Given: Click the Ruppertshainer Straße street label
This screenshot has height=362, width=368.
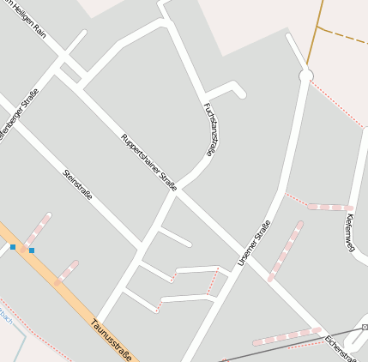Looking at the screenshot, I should pos(149,161).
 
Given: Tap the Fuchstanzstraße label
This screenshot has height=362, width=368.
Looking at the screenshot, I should pos(208,130).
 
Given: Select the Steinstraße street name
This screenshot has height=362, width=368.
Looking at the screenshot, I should pos(78,190).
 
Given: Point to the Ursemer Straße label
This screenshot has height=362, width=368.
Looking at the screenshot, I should pos(254,242).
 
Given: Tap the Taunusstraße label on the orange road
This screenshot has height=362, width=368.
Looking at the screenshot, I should pos(112,340).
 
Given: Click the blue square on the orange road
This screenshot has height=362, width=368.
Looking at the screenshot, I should pos(32,250).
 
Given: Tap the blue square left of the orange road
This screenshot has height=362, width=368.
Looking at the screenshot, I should pos(13,247).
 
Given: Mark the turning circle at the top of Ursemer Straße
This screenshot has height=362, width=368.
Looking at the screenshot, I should pos(305,76).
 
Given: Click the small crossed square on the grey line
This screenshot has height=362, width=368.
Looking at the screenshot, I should pos(365,327).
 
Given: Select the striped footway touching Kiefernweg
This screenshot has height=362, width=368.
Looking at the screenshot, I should pos(329,207).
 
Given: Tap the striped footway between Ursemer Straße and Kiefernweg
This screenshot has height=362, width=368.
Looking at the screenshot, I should pos(286,250).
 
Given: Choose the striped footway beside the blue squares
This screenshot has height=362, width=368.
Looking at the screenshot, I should pos(37,230).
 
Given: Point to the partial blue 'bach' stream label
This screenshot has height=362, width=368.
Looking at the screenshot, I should pos(6,316).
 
